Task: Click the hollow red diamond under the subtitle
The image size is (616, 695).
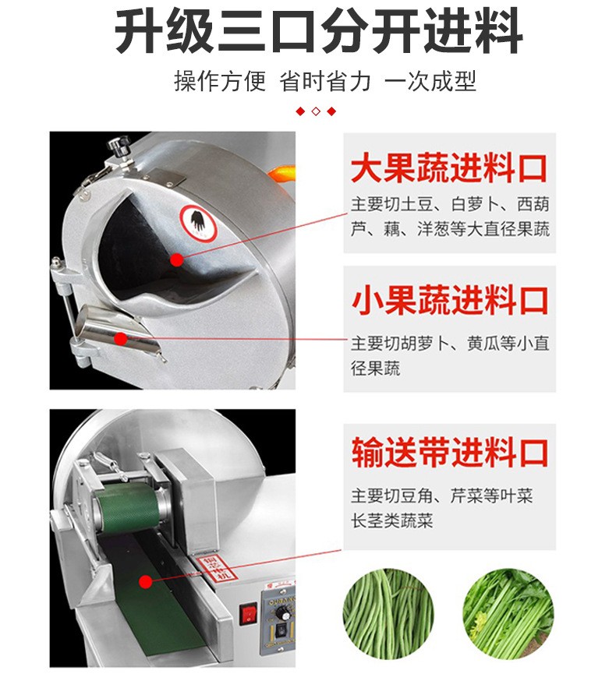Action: (316, 111)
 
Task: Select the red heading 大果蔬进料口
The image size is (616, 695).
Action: (449, 168)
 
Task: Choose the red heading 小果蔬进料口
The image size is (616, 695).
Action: (450, 299)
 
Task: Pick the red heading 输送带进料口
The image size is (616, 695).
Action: (450, 453)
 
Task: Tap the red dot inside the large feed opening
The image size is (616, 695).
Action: (177, 260)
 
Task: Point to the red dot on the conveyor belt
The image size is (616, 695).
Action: (144, 581)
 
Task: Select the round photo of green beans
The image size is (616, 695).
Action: (388, 614)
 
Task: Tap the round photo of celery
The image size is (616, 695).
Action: (508, 614)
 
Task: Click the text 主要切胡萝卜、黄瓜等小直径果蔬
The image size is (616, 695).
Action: (450, 355)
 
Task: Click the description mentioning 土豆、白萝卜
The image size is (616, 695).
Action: (450, 217)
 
